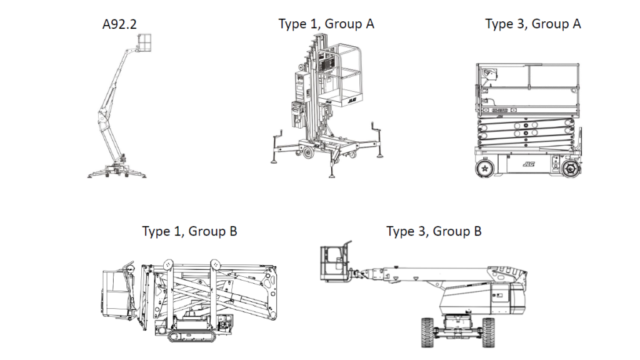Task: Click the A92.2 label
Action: (119, 25)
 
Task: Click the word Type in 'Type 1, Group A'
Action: (292, 24)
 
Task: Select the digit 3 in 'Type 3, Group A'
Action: (520, 24)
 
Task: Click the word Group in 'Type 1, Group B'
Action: (207, 231)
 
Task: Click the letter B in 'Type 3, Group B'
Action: (476, 231)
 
